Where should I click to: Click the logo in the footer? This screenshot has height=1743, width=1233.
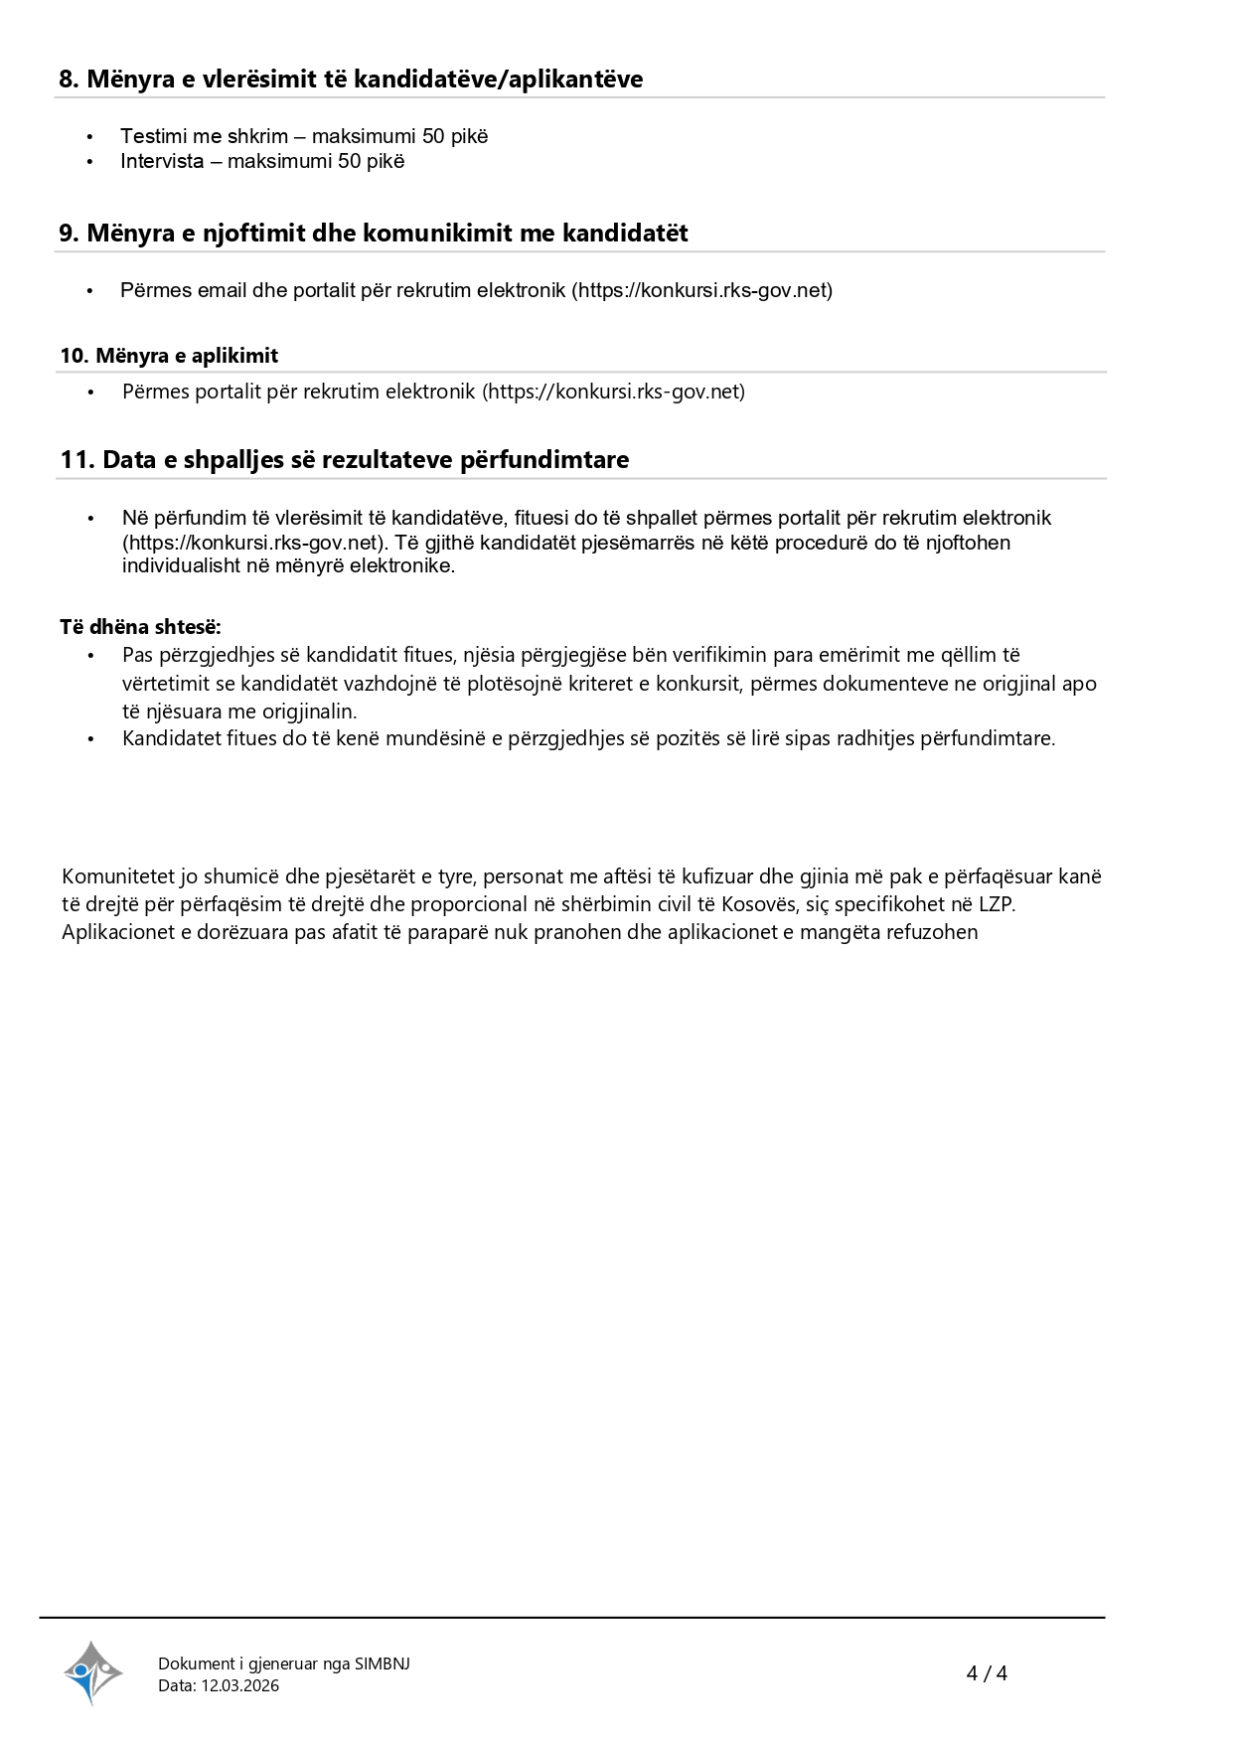coord(93,1672)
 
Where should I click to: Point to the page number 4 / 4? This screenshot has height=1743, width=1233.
coord(987,1673)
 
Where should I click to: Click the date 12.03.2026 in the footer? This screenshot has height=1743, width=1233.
coord(240,1685)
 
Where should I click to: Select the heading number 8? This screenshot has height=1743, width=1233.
coord(69,79)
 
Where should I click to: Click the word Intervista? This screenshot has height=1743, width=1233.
coord(162,161)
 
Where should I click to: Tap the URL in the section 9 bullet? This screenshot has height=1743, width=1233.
coord(701,290)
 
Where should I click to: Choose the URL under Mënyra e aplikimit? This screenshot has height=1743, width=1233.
coord(613,392)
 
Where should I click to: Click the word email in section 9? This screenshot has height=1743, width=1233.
coord(223,290)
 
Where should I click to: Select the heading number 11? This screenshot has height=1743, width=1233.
coord(77,460)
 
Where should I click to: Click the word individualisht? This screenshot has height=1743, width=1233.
coord(182,566)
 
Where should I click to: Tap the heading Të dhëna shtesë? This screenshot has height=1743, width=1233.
coord(140,627)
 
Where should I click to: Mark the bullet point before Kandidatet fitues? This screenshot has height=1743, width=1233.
coord(90,738)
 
